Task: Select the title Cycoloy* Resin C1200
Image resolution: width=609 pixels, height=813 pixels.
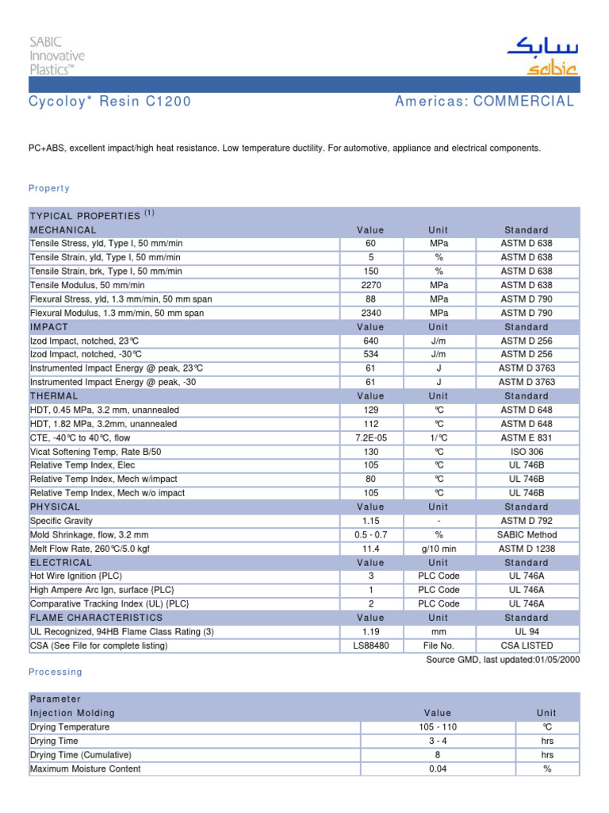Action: pyautogui.click(x=109, y=102)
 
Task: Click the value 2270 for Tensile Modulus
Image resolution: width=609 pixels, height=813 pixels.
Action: pyautogui.click(x=370, y=285)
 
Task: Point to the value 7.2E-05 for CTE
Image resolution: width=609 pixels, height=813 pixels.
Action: pyautogui.click(x=370, y=437)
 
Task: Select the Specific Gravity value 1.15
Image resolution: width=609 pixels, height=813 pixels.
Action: pyautogui.click(x=370, y=521)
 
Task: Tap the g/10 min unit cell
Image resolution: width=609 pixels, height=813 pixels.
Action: pyautogui.click(x=439, y=549)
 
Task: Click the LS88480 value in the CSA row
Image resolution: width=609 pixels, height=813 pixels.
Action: pyautogui.click(x=370, y=645)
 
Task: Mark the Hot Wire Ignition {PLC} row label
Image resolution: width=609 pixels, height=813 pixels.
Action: pyautogui.click(x=76, y=576)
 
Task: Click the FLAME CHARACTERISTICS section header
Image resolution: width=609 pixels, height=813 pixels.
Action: pyautogui.click(x=96, y=618)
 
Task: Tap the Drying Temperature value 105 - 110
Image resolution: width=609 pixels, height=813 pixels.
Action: pyautogui.click(x=438, y=727)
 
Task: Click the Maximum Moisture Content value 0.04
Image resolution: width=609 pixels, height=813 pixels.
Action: pyautogui.click(x=438, y=769)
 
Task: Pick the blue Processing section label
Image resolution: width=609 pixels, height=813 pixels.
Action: pyautogui.click(x=56, y=672)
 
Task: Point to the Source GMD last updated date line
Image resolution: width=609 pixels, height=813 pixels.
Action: pyautogui.click(x=503, y=659)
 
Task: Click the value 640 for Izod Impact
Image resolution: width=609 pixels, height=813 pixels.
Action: pyautogui.click(x=370, y=341)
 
